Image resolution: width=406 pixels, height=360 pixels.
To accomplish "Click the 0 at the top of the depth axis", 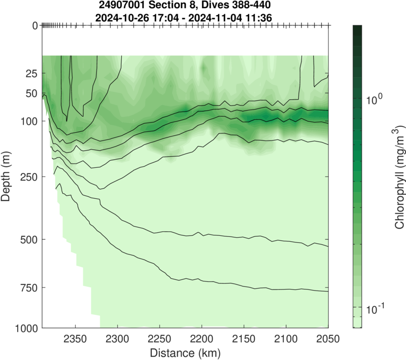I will (35, 25).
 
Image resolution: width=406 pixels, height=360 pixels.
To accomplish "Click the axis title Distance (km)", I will (185, 351).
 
